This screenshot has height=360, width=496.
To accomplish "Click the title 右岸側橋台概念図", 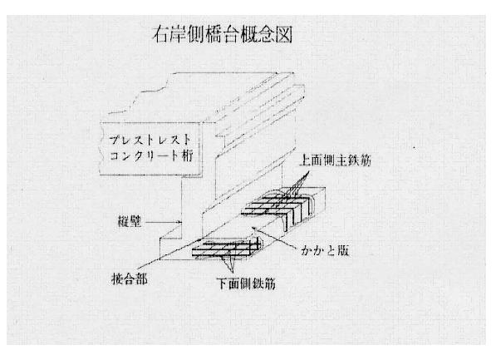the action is coord(223,35).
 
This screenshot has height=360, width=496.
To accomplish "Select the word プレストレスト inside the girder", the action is coord(150,140).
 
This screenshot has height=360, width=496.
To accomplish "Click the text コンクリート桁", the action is coord(151,155).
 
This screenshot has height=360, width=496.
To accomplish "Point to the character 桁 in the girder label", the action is coord(187,155).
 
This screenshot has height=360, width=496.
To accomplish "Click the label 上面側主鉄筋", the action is coord(336,160).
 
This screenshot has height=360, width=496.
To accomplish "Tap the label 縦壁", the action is coord(130,221).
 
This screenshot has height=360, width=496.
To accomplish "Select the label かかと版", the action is coord(325,250).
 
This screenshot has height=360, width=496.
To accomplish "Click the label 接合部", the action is coord(130,279).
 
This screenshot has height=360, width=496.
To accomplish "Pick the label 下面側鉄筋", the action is coord(246,284).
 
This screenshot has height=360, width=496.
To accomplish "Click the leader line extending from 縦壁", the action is coord(164,222).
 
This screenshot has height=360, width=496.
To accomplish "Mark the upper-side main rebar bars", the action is coord(278,207).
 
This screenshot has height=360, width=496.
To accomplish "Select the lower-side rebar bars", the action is coord(227,249).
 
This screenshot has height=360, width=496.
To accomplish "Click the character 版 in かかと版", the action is coord(342,250).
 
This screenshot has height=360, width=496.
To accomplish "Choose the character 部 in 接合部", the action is coord(141,279).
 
